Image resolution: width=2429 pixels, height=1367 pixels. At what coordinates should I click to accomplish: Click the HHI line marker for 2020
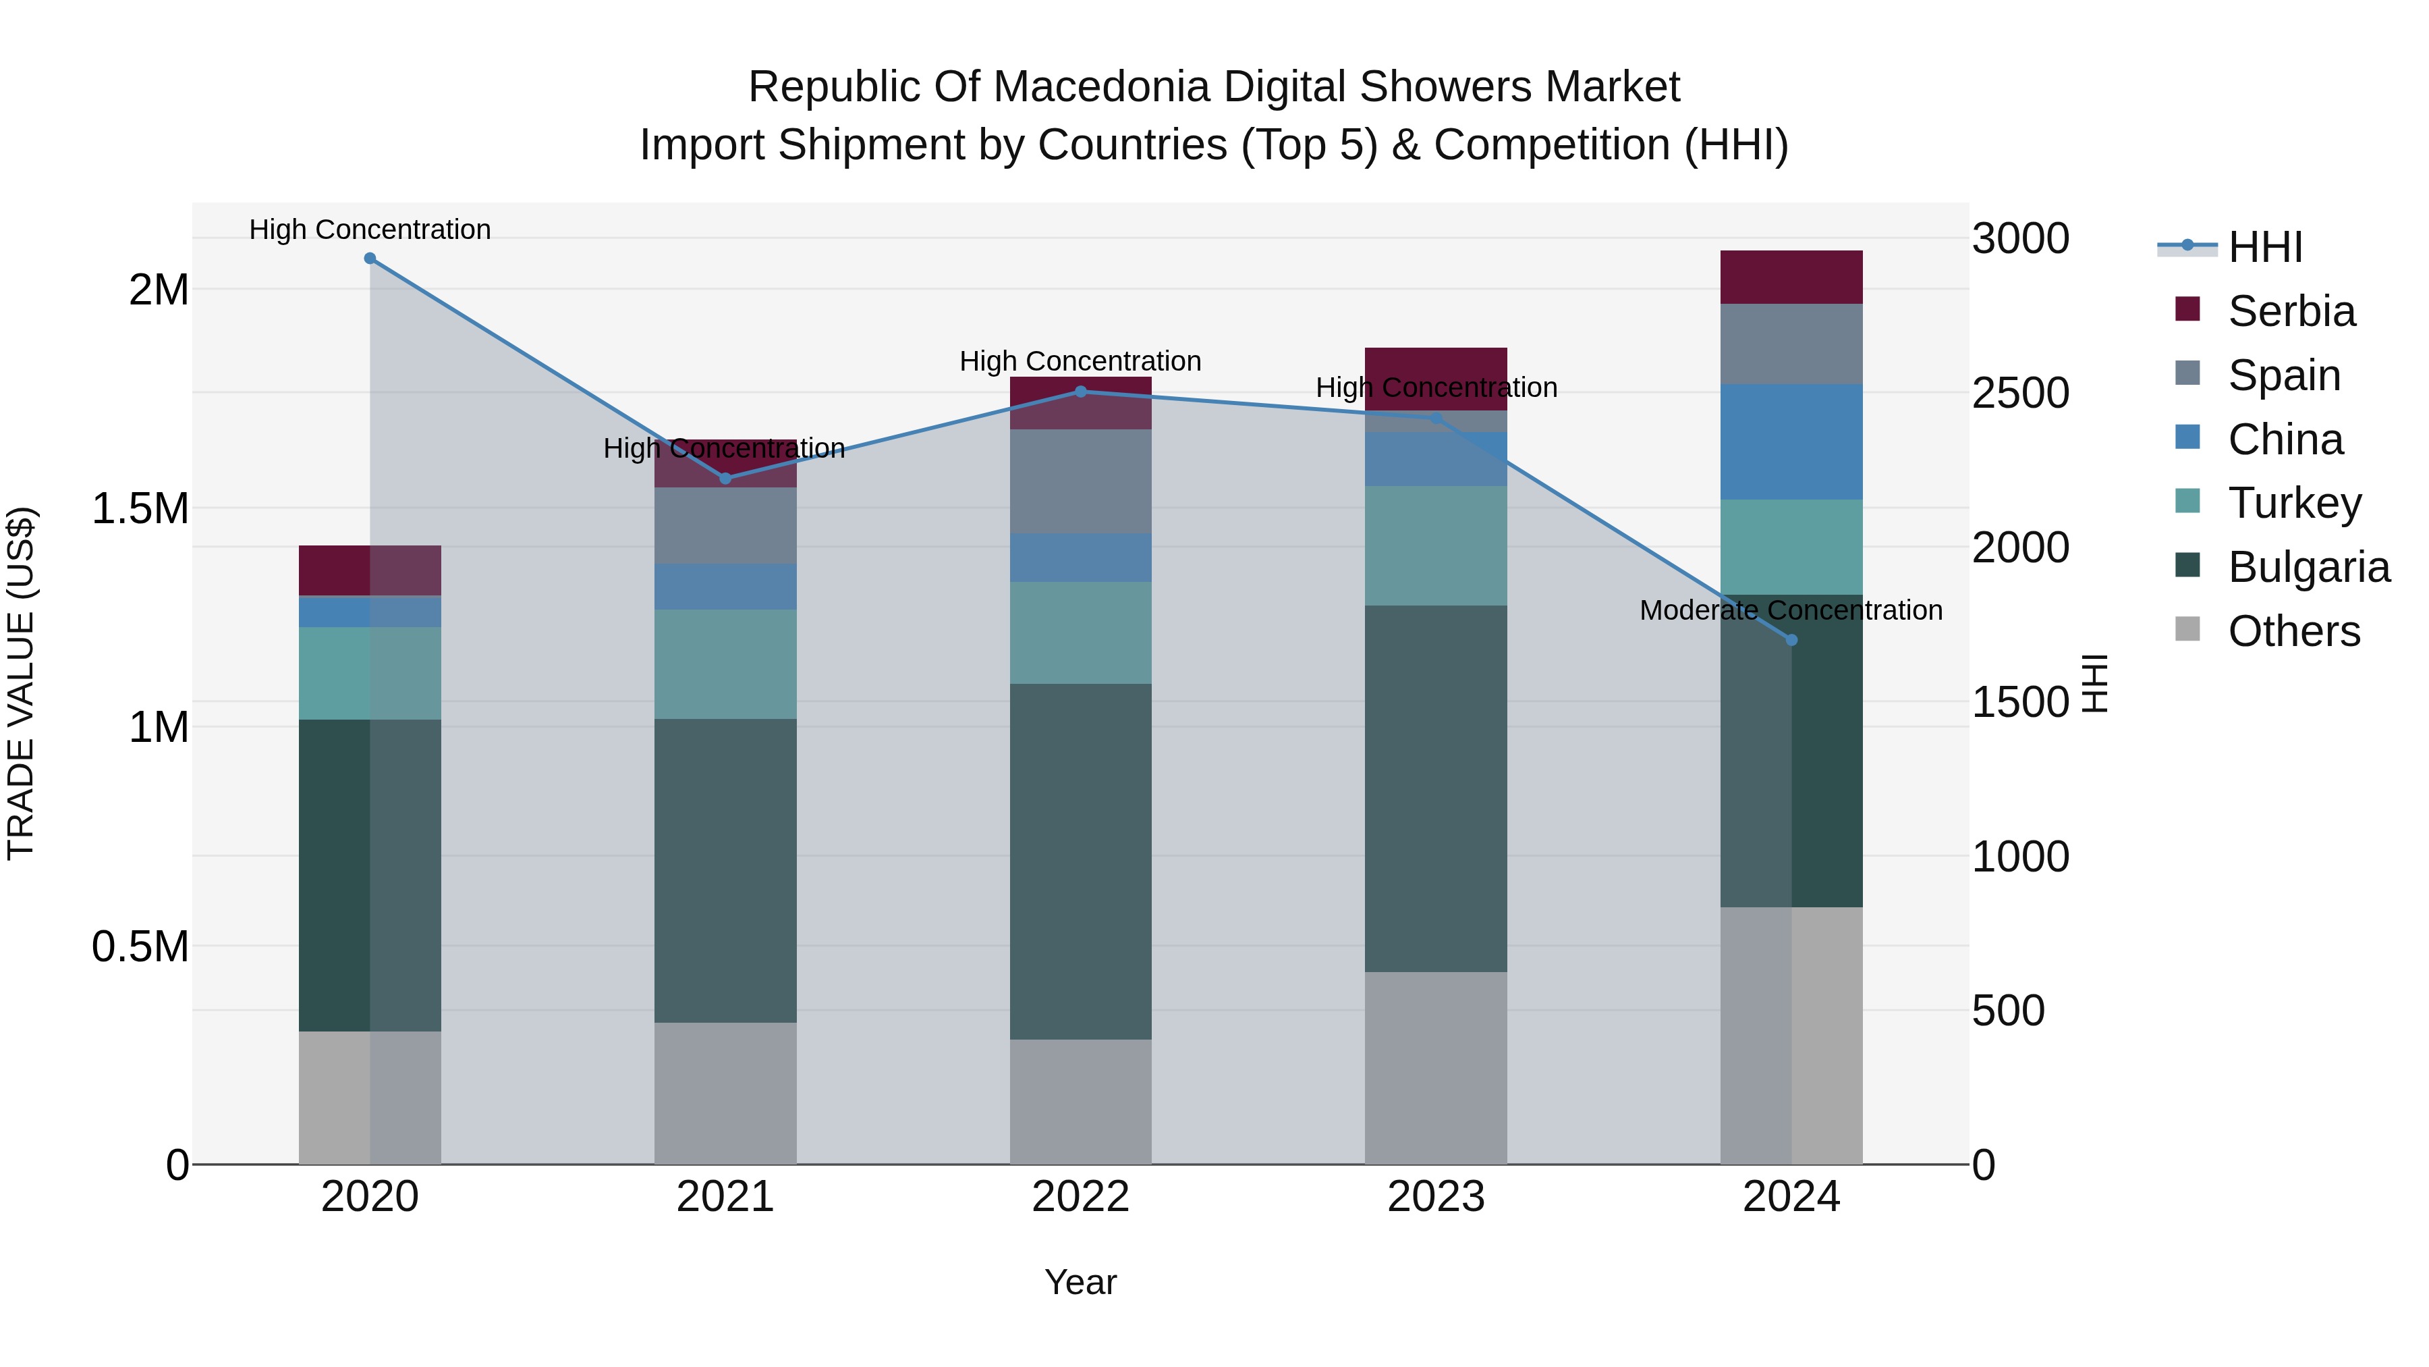tap(370, 259)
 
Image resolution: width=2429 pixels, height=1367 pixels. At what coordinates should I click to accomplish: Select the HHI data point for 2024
tap(1791, 640)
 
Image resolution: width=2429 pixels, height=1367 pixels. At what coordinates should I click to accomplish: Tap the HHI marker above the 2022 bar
tap(1081, 392)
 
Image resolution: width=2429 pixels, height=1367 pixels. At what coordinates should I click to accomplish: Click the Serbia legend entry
tap(2291, 311)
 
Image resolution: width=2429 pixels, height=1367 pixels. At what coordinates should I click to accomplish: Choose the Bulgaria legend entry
tap(2308, 567)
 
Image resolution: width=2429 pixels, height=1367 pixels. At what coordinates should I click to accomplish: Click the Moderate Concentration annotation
tap(1791, 610)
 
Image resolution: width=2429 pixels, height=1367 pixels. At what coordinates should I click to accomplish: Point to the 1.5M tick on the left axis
tap(140, 508)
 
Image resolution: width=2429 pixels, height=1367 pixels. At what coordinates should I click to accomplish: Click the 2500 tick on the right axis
tap(2019, 394)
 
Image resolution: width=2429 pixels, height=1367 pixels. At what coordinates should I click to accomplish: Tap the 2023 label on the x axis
tap(1435, 1197)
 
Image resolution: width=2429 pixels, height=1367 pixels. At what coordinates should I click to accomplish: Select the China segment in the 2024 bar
tap(1791, 441)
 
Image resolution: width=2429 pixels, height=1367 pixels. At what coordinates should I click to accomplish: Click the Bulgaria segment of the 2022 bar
tap(1081, 861)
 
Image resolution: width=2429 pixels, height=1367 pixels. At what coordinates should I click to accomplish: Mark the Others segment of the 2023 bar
tap(1435, 1067)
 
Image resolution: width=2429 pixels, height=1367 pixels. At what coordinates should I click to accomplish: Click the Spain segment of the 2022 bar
tap(1081, 481)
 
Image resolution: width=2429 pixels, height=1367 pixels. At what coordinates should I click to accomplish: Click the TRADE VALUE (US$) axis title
tap(21, 683)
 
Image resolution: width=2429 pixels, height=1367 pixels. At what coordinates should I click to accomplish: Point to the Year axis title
tap(1081, 1282)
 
